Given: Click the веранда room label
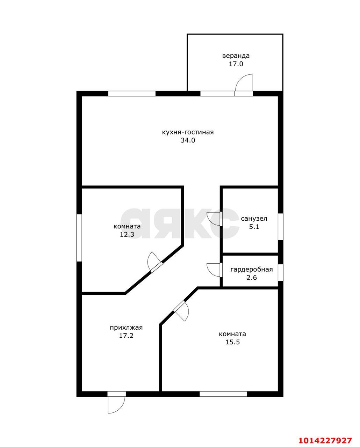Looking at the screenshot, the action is click(x=236, y=56).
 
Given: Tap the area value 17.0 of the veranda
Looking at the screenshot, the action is click(x=236, y=64).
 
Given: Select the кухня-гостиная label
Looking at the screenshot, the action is click(x=188, y=132).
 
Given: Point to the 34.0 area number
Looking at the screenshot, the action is click(x=188, y=140).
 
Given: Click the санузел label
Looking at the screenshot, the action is click(x=254, y=219).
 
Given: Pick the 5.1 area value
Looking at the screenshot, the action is click(x=254, y=227).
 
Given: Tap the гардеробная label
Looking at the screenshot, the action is click(x=252, y=270).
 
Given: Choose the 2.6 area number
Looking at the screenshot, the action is click(x=252, y=278).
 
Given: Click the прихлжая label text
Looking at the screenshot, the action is click(x=126, y=328).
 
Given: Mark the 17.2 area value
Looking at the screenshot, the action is click(x=126, y=336).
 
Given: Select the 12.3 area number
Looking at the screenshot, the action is click(x=127, y=235).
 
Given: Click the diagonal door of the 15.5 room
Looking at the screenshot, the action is click(x=181, y=311).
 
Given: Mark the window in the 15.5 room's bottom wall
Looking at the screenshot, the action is click(x=223, y=394).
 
